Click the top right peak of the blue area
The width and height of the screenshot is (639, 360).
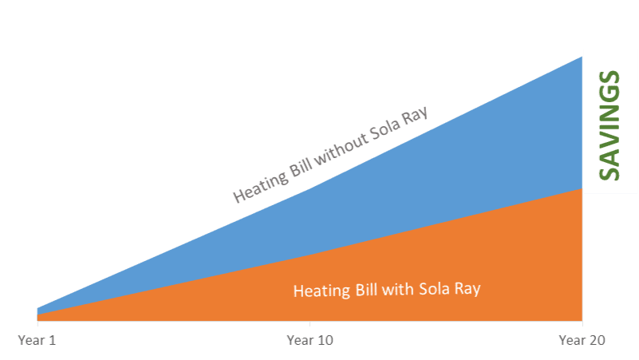coord(582,57)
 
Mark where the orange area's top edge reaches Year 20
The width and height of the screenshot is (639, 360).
coord(582,188)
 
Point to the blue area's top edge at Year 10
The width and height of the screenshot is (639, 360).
coord(310,188)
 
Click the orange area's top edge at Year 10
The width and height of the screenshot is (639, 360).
coord(310,255)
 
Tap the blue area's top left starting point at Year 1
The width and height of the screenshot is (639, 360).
coord(37,308)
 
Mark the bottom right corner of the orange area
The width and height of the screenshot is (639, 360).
coord(582,321)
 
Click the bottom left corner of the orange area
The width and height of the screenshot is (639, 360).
coord(37,321)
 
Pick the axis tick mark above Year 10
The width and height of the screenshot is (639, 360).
coord(310,323)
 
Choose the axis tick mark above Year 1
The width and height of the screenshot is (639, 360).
coord(37,323)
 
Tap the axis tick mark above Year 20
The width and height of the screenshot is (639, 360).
coord(582,323)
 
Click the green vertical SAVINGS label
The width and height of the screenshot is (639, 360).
coord(609,125)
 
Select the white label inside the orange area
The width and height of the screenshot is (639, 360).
coord(387,290)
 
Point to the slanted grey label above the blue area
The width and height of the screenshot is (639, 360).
coord(330,155)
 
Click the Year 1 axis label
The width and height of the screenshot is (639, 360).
coord(37,340)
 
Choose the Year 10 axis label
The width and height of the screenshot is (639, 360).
coord(310,340)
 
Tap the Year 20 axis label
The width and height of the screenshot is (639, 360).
coord(582,340)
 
